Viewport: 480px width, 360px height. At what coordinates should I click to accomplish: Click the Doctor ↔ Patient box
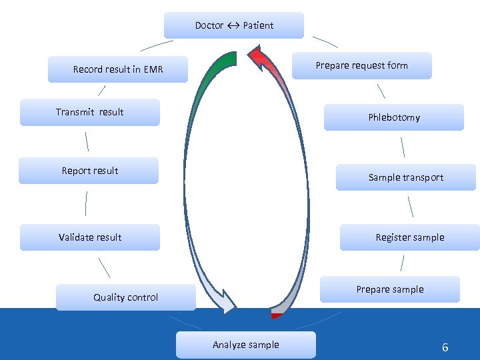tap(234, 25)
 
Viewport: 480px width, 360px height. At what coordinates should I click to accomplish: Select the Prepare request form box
tap(361, 65)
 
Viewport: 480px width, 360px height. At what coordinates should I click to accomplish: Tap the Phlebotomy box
tap(393, 117)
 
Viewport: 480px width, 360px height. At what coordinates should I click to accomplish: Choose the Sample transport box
tap(405, 177)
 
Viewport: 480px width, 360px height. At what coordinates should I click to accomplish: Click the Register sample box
tap(409, 237)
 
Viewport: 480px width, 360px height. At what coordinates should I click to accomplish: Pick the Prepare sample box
tap(389, 289)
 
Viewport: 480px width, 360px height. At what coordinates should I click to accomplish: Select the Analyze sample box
tap(245, 345)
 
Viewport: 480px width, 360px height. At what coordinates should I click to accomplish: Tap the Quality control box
tap(126, 297)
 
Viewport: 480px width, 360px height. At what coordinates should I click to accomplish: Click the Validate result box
tap(90, 237)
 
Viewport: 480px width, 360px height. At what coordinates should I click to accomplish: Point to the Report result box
tap(89, 171)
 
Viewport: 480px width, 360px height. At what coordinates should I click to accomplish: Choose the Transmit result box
tap(89, 112)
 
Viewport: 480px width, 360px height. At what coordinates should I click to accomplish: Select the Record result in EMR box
tap(118, 69)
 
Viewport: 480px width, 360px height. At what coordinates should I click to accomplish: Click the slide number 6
tap(445, 347)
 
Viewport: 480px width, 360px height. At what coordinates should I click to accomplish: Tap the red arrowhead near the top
tap(260, 57)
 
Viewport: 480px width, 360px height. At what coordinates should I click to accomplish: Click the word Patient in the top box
tap(258, 25)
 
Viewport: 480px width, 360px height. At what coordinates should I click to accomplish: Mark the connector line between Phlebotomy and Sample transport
tap(403, 147)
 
